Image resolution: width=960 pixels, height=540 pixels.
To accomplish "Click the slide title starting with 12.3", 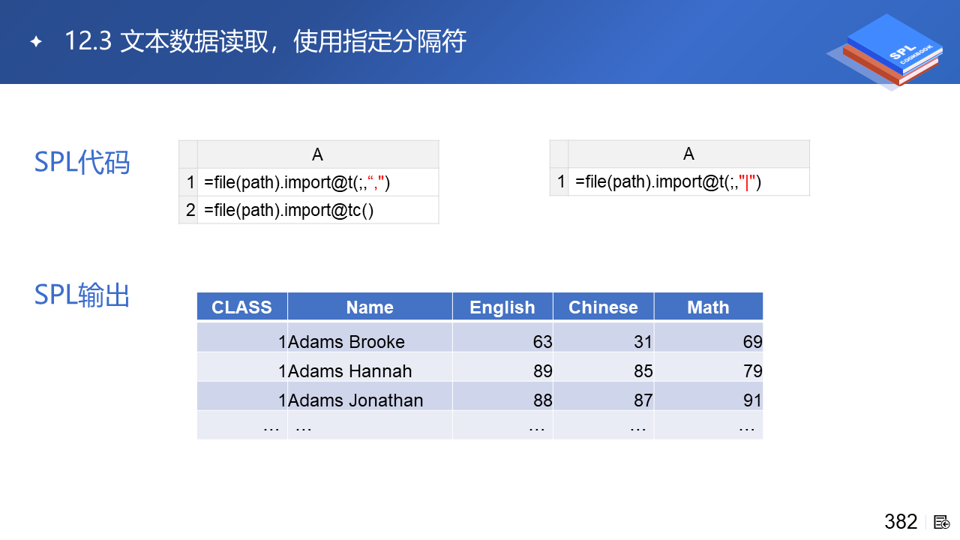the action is click(265, 41).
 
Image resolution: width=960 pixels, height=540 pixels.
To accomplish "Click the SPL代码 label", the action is click(82, 163).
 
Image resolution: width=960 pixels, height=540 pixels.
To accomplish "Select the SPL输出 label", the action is click(82, 295).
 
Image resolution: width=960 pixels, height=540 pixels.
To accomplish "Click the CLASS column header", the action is click(241, 307).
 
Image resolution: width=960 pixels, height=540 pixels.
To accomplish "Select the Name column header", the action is click(370, 307).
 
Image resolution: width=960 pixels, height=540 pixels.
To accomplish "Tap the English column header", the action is click(502, 307).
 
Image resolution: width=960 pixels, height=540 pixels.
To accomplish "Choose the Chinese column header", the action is click(603, 307).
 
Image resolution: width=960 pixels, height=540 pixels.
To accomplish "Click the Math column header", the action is click(708, 307).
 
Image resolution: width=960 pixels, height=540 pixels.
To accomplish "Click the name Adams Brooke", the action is click(346, 342).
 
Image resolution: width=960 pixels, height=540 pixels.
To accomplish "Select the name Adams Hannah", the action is click(349, 371).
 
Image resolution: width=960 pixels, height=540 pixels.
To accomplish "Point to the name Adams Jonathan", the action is click(355, 400).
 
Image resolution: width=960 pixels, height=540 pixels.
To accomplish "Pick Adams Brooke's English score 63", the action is click(542, 342).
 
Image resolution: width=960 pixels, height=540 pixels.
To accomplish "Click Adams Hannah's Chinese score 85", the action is click(643, 371).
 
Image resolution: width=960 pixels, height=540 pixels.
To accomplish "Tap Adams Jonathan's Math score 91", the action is click(752, 400).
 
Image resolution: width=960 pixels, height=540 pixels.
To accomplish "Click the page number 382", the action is click(901, 522).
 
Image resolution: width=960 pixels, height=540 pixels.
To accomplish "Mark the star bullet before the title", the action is click(37, 41).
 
